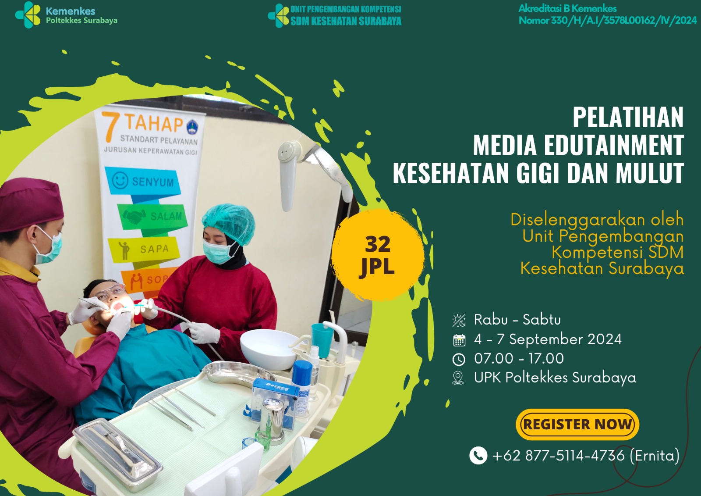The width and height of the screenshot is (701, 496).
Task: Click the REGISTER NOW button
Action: pos(577,424)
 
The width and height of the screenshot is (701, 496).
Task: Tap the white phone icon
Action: pos(478,455)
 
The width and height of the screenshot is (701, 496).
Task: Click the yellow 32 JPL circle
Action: pos(378,255)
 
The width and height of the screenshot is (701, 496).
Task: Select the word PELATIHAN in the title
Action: pos(628,117)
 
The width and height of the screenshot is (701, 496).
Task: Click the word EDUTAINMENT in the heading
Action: pos(614,145)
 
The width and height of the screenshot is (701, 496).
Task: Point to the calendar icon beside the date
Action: pos(459,340)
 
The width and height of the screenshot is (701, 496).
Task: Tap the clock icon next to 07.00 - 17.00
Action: pos(459,359)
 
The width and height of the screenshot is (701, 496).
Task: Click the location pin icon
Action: pos(458,378)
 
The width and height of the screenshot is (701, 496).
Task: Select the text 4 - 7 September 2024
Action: pos(548,339)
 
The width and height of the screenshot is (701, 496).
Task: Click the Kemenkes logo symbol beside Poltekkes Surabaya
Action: pos(28,15)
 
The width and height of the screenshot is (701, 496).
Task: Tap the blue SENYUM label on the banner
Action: pos(143,181)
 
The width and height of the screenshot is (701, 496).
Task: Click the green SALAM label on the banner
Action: pos(153,216)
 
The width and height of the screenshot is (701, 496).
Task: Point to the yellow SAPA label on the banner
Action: pos(144,250)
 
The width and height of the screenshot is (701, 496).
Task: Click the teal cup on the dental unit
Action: pos(322,340)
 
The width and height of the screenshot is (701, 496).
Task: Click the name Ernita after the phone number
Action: pos(655,456)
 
